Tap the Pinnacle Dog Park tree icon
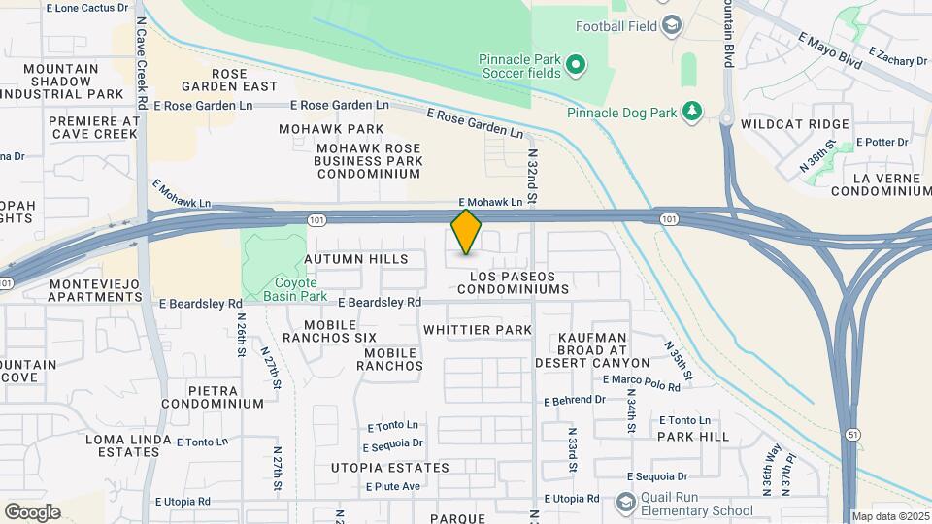point(692,113)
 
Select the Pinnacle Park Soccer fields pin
point(576,66)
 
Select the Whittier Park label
point(478,330)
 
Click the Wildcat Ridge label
point(794,124)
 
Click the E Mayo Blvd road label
point(830,50)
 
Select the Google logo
point(32,512)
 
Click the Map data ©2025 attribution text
point(890,516)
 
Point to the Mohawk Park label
point(331,129)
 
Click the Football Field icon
point(671,25)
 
